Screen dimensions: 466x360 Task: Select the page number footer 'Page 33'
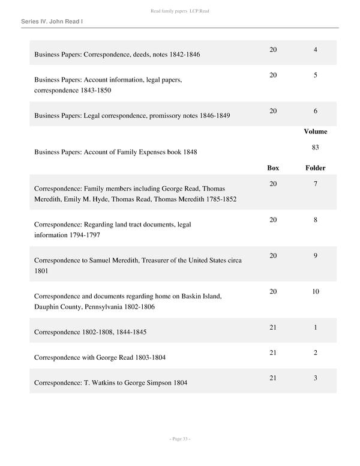pos(180,439)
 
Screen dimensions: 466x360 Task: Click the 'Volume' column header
pos(316,132)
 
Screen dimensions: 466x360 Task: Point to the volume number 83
pos(316,147)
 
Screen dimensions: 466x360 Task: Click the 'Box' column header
pos(273,168)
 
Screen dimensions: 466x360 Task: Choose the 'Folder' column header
pos(316,168)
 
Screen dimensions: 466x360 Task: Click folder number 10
pos(316,291)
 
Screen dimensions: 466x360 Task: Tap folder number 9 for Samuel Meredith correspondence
pos(316,255)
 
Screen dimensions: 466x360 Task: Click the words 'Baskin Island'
pos(200,296)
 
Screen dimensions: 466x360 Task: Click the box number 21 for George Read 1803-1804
pos(273,353)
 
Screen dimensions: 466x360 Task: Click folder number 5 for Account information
pos(316,75)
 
